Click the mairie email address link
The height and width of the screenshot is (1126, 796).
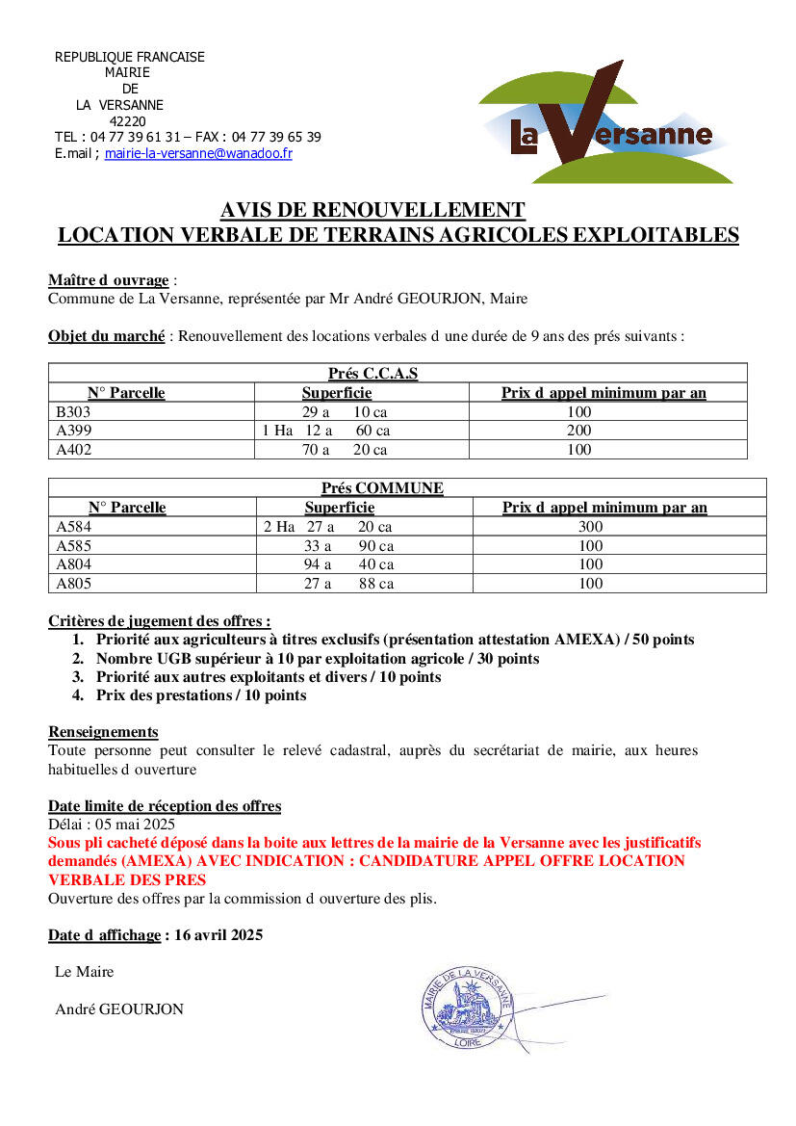(x=198, y=153)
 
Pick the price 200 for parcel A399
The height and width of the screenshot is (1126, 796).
(x=578, y=431)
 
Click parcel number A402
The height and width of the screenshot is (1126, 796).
(x=73, y=450)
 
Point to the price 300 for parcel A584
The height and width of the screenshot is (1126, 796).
(x=590, y=527)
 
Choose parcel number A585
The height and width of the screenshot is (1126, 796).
(x=73, y=546)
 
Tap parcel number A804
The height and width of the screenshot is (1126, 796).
(x=73, y=564)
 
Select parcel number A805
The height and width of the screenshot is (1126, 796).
(x=73, y=584)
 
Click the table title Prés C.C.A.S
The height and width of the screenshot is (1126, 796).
(x=372, y=374)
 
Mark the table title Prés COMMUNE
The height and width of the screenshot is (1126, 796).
(x=382, y=488)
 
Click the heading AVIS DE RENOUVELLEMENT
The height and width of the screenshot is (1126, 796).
(x=372, y=210)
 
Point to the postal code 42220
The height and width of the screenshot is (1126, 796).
(x=128, y=121)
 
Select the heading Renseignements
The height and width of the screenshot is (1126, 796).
(x=103, y=732)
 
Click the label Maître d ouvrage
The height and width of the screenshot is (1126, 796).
(x=108, y=280)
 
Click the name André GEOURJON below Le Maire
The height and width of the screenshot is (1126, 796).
(x=119, y=1009)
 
